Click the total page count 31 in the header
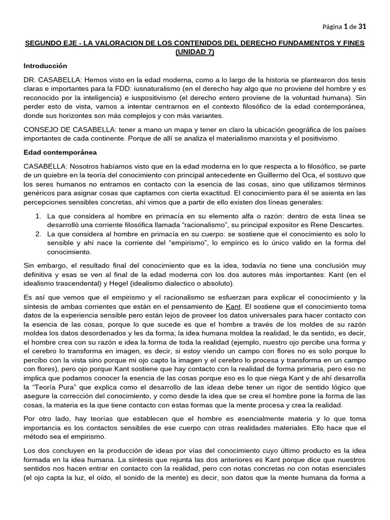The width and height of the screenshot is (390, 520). pos(362,26)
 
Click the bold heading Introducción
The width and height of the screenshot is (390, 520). pos(45,66)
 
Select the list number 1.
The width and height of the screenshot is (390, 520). pos(38,216)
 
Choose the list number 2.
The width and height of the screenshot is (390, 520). pos(38,234)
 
